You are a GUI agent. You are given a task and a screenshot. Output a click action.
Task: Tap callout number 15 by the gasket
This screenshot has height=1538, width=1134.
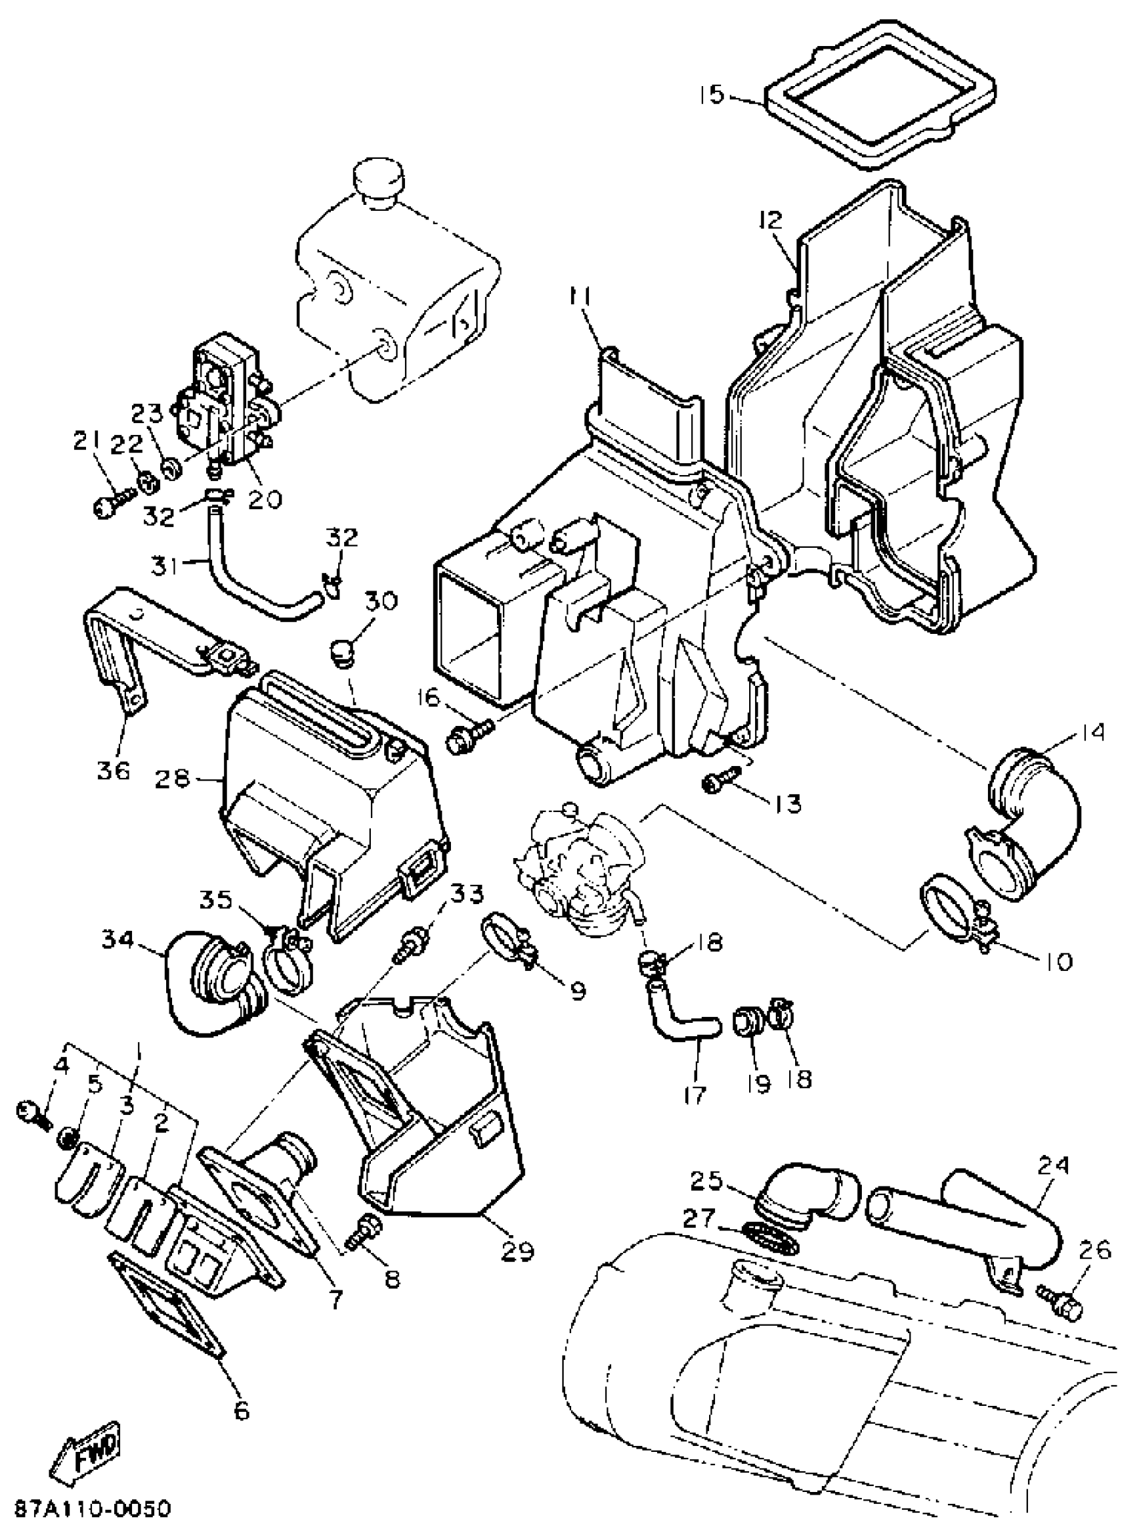712,94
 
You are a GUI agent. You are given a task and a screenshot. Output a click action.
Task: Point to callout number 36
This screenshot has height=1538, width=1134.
113,771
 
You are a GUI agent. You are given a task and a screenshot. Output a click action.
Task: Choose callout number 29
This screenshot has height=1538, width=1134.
517,1251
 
